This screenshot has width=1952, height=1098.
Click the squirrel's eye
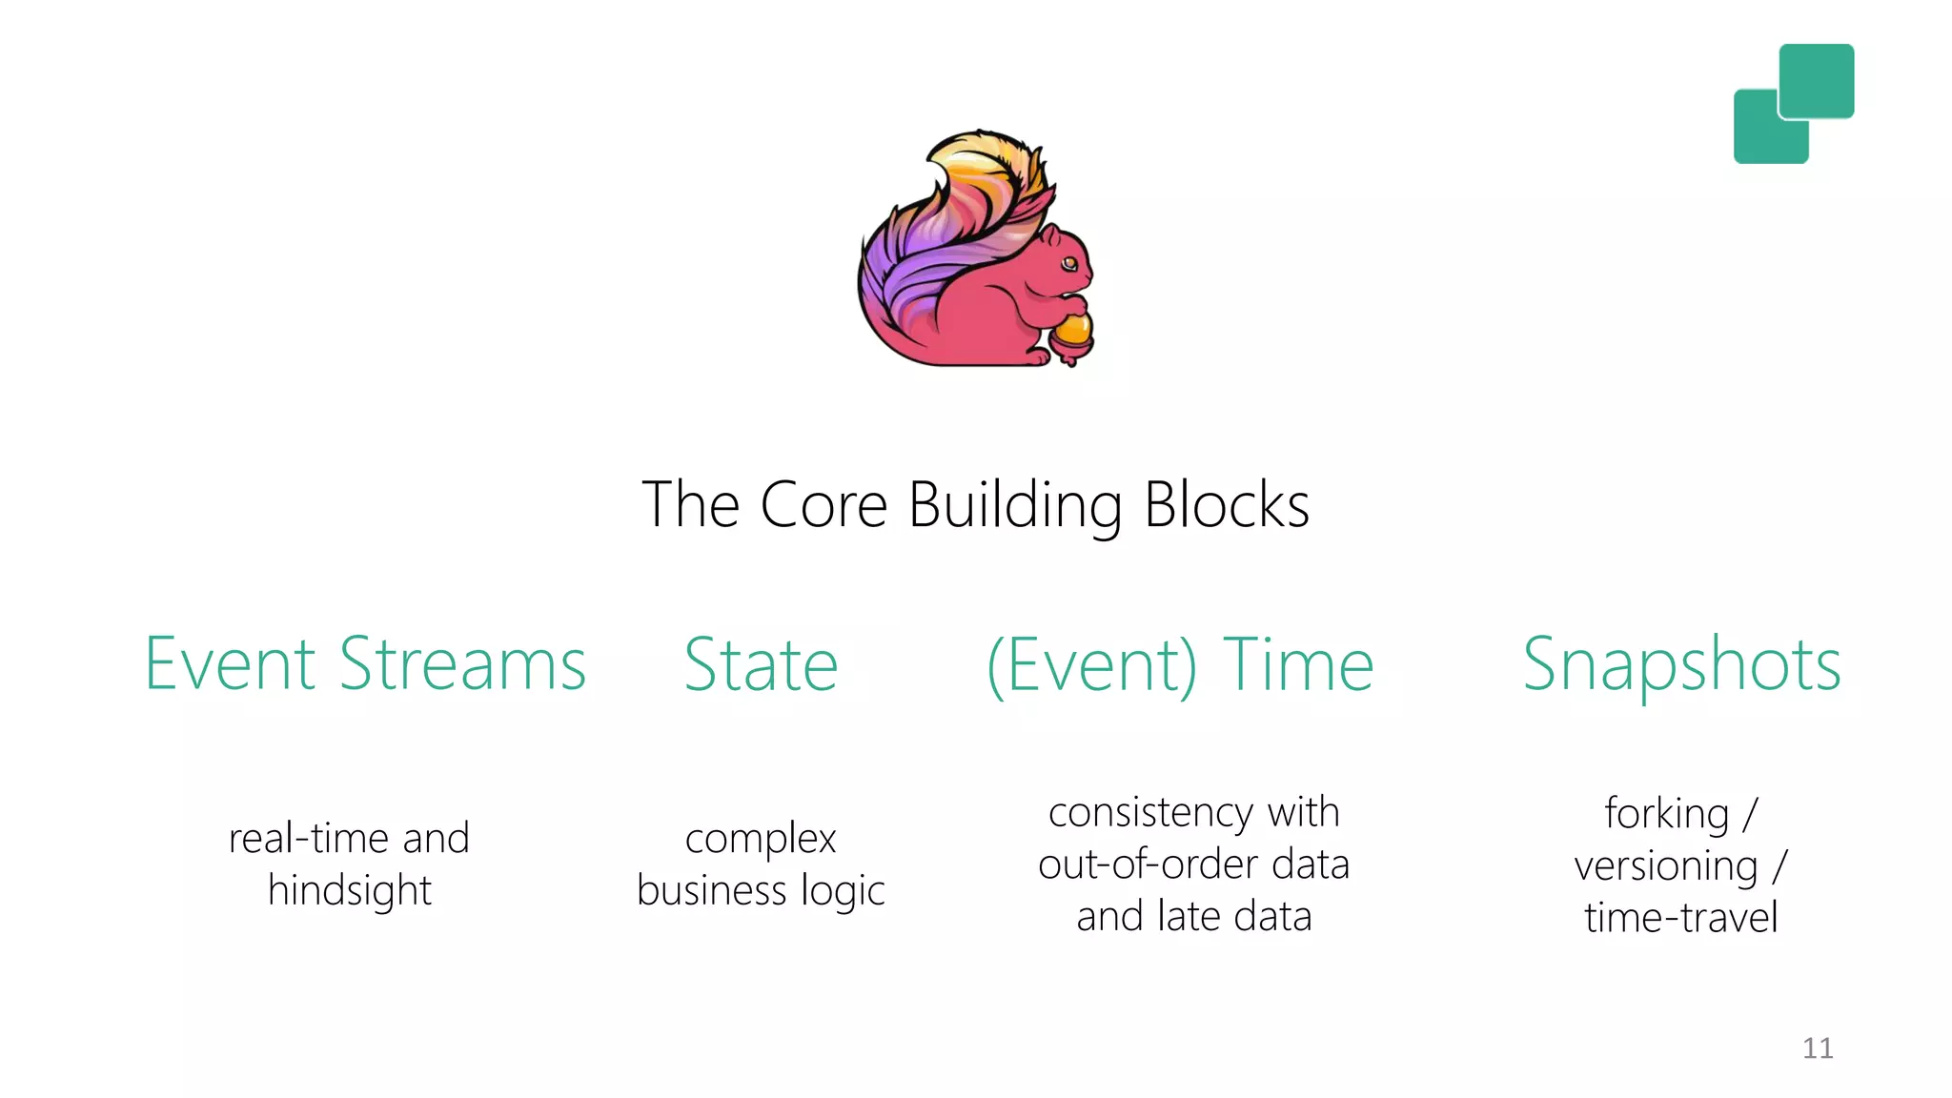(1070, 263)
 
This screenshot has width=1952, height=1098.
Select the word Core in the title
(823, 505)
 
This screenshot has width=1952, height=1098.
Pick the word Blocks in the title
(1227, 505)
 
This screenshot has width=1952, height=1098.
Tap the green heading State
(761, 665)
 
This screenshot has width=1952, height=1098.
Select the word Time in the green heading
(1298, 665)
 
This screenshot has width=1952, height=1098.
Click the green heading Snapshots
(1681, 665)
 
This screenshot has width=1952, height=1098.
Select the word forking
(1666, 814)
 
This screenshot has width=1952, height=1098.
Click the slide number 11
(1818, 1048)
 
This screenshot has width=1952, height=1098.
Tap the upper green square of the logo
(1817, 80)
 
